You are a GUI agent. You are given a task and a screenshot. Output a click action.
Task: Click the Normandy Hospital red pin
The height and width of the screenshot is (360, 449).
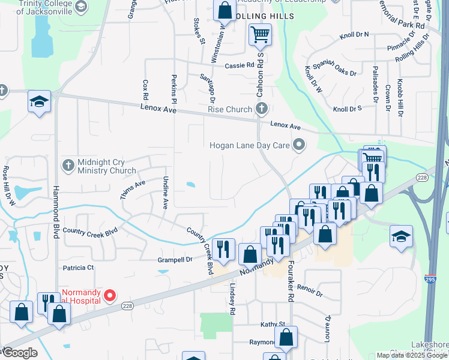(110, 295)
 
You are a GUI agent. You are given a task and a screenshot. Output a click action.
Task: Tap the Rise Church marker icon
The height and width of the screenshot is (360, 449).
(261, 109)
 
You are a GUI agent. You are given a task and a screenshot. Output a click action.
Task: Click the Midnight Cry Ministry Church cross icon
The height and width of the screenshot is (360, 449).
(68, 164)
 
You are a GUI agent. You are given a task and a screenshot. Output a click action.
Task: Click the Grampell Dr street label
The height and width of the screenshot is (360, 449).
(175, 260)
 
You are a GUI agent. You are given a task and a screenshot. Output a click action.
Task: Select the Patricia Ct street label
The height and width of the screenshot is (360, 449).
(78, 267)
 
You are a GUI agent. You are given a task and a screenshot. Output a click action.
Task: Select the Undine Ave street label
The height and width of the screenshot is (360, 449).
(165, 193)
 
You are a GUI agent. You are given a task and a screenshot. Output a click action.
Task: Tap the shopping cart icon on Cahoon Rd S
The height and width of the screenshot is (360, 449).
(260, 35)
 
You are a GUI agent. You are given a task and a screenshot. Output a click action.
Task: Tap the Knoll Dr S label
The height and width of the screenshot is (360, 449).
(347, 109)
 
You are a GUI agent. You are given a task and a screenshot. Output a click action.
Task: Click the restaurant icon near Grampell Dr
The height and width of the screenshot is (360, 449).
(223, 249)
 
